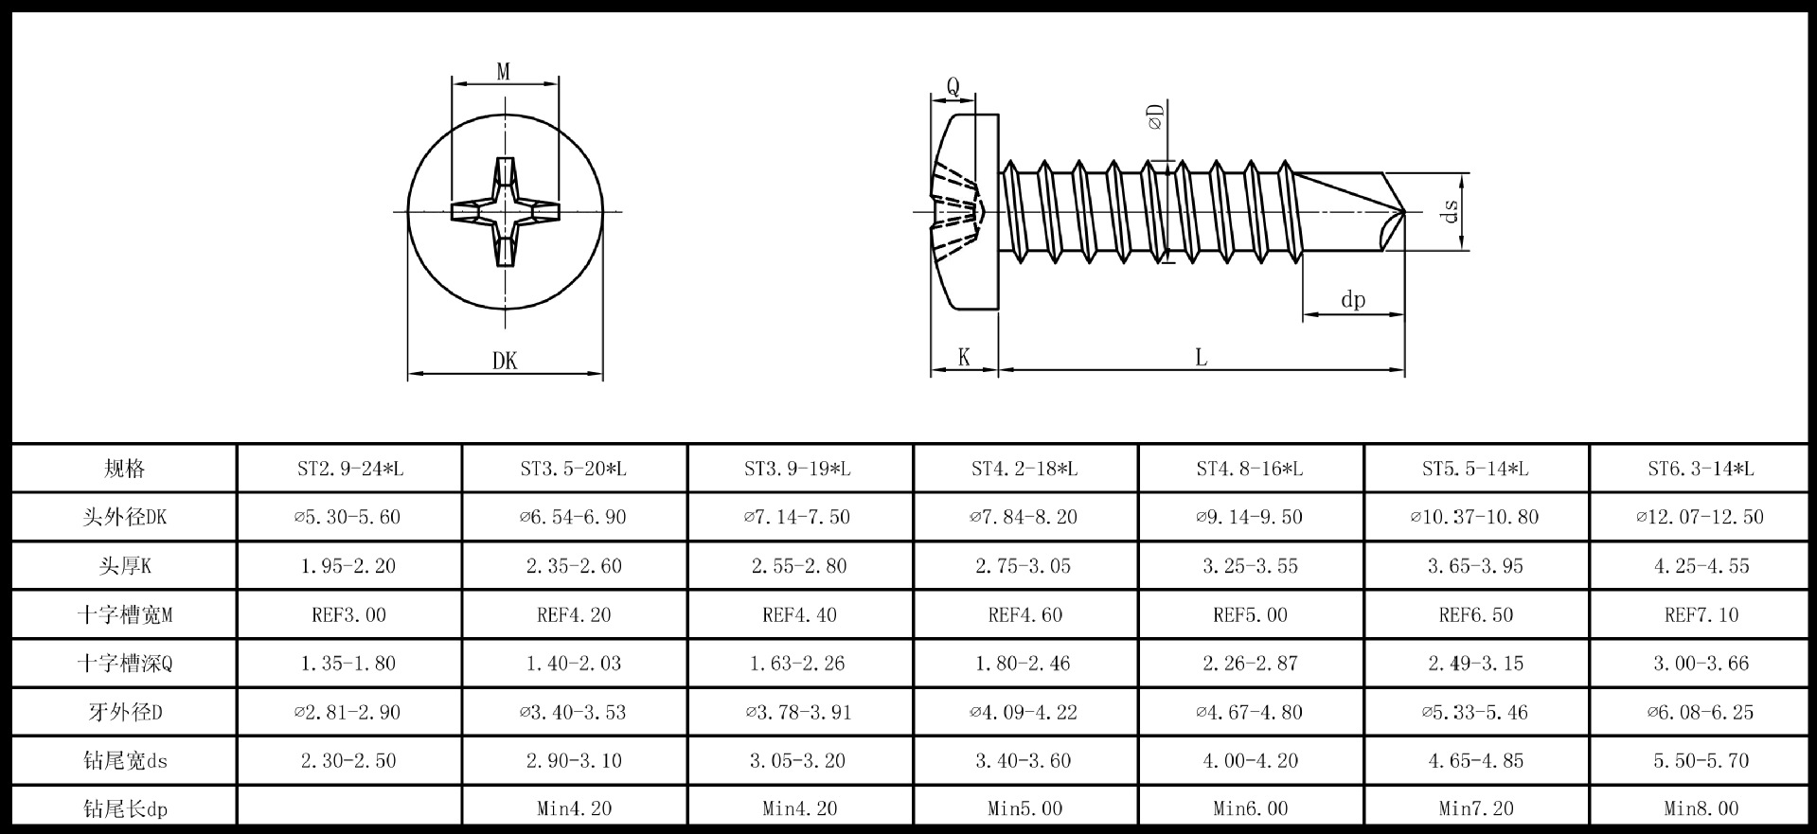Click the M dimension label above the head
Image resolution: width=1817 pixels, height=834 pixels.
pos(504,72)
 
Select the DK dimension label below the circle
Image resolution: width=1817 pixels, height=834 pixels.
pos(505,361)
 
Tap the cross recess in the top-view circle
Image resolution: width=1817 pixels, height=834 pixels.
pos(505,211)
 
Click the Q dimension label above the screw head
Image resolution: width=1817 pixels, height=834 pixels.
pos(953,86)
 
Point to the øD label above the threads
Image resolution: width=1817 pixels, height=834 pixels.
pos(1155,118)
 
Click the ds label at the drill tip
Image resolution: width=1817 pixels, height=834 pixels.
pos(1450,211)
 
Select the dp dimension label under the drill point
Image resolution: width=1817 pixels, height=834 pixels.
pos(1353,300)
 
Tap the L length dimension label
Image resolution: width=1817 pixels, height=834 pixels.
pos(1201,358)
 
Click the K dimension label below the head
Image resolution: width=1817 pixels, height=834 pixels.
pos(964,357)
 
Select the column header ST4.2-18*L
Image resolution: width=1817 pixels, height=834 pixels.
pos(1024,469)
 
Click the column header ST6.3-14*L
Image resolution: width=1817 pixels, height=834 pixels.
pos(1701,469)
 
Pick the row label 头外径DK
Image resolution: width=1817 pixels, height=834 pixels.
pos(124,517)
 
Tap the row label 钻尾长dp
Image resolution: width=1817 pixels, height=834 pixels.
pos(124,808)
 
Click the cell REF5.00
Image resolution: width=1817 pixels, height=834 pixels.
pos(1250,614)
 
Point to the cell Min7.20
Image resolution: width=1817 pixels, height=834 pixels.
pos(1475,808)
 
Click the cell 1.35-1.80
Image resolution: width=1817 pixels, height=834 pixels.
pos(348,663)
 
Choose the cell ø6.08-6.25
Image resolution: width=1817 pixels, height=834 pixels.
pos(1701,712)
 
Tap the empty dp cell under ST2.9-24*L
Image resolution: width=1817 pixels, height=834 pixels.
pos(348,808)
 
